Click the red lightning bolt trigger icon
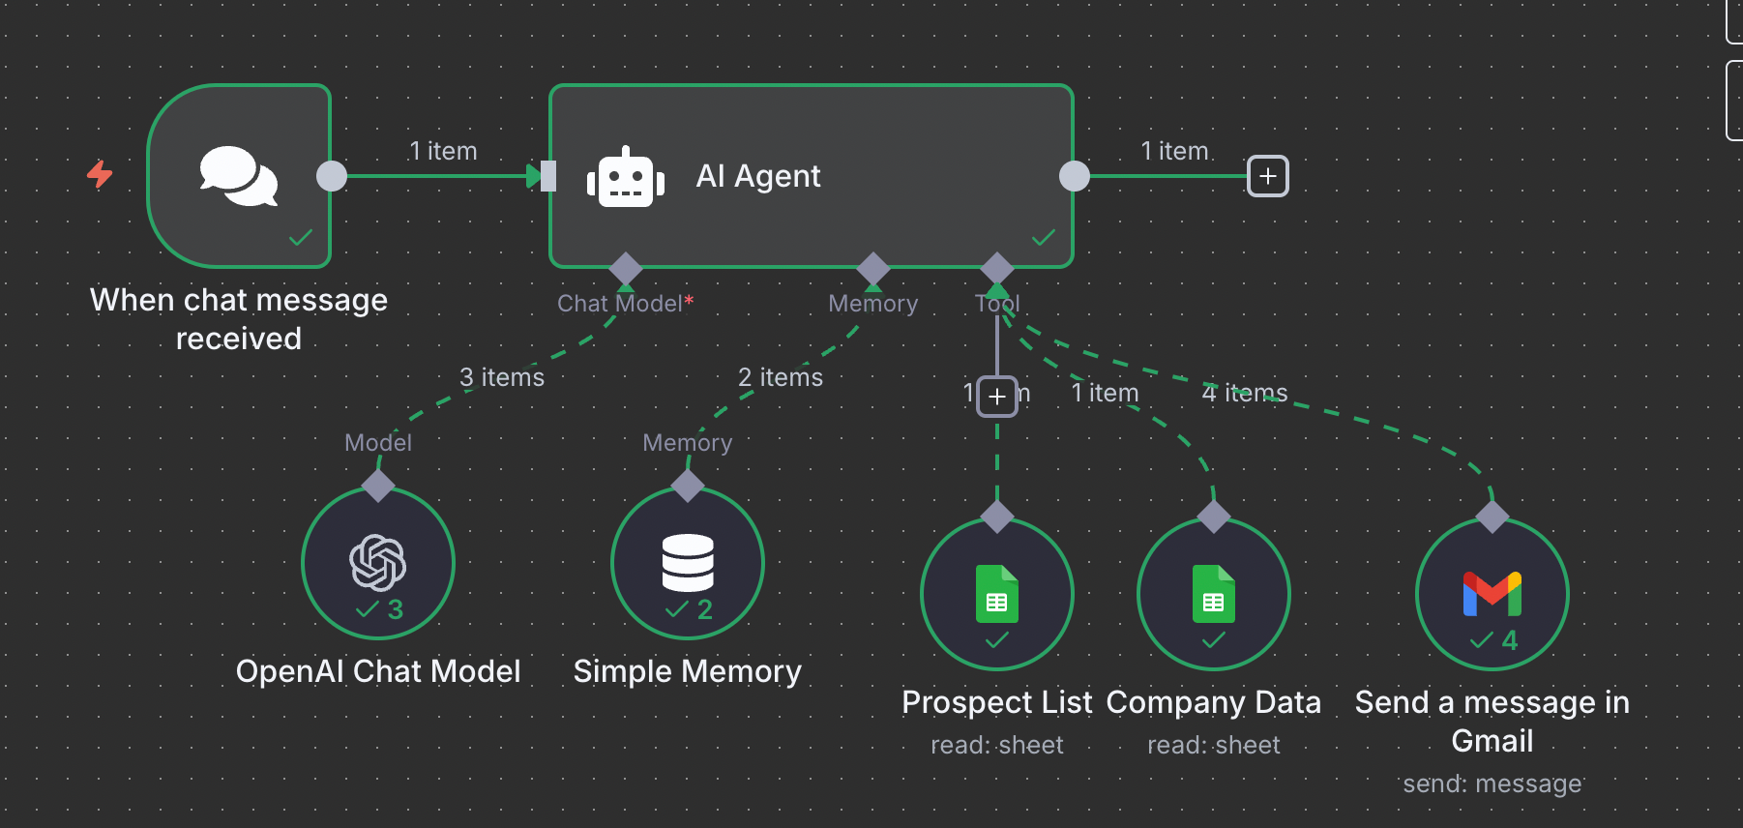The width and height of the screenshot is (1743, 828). (100, 174)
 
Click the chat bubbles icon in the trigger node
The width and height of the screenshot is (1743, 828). (238, 176)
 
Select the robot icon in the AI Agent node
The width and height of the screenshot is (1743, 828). (626, 178)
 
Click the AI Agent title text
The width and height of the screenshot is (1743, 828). (757, 176)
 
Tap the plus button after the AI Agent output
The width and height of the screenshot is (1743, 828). (1267, 176)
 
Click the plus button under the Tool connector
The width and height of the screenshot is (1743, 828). (997, 397)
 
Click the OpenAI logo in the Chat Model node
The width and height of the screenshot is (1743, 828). (377, 562)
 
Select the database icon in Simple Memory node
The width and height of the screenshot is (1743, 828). (688, 562)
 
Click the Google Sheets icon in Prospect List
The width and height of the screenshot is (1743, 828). (997, 593)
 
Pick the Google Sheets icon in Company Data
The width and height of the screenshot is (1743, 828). (1213, 593)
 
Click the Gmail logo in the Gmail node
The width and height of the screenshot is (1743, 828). (1492, 594)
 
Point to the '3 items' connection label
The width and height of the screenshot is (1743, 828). (501, 377)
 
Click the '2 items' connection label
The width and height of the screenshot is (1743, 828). (780, 377)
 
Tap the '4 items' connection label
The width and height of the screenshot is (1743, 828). (1244, 393)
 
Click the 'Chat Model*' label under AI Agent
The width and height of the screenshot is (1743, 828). (625, 304)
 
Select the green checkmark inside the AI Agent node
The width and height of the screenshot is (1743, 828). (1043, 238)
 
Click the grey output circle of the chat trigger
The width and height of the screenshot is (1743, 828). (332, 176)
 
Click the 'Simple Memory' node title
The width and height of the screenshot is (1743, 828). (687, 671)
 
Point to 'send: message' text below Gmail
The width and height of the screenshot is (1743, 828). (1492, 784)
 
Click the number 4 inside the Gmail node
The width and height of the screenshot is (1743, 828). (1509, 640)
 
